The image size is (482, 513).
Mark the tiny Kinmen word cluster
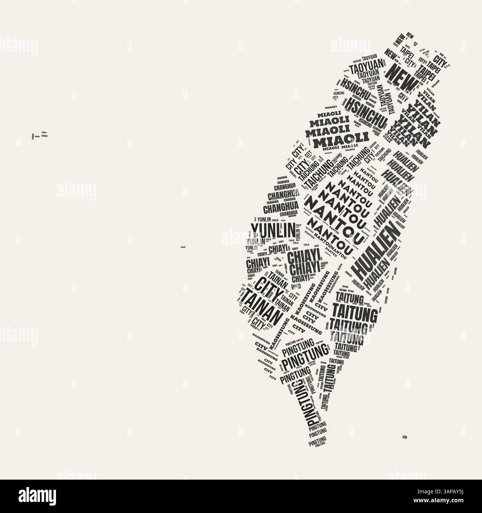[40, 135]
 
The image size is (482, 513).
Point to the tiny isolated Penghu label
[183, 247]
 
